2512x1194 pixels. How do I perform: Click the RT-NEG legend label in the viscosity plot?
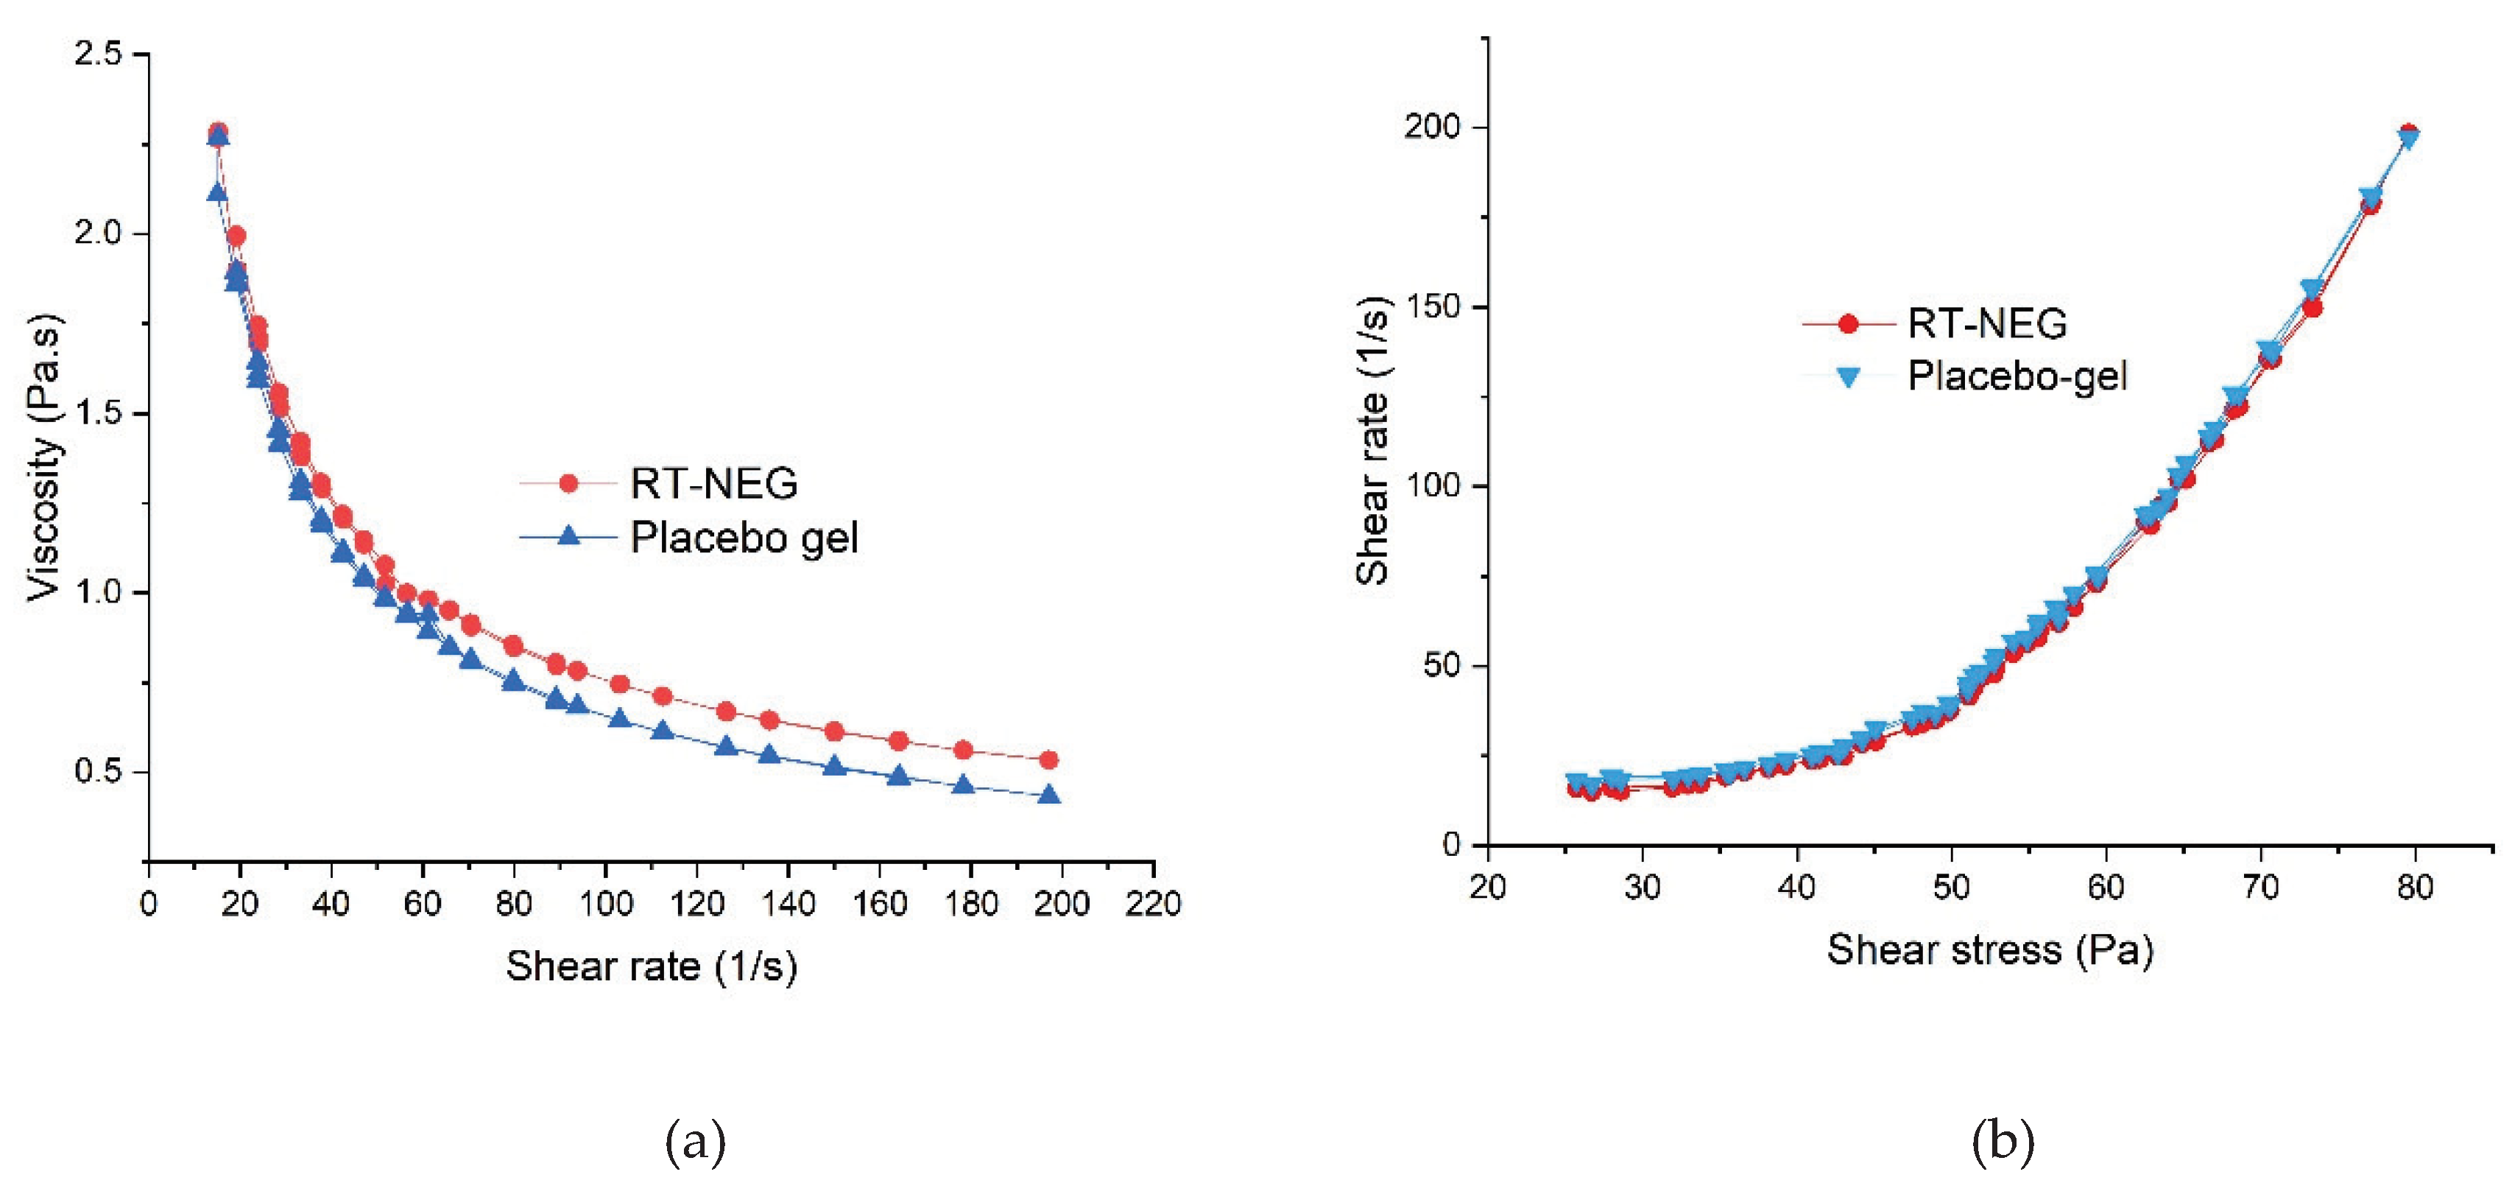(x=714, y=484)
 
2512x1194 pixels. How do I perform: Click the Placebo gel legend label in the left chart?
(x=744, y=538)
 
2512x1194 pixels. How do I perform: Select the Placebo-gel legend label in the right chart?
(x=2017, y=376)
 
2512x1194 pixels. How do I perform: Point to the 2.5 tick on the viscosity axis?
(x=99, y=54)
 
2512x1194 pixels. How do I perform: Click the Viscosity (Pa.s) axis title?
(x=45, y=457)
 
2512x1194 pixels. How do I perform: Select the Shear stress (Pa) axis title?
(x=1989, y=950)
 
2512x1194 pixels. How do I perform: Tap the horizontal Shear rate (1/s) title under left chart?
(x=652, y=966)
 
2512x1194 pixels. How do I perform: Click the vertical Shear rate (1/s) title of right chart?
(x=1372, y=439)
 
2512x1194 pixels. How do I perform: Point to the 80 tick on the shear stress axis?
(x=2415, y=888)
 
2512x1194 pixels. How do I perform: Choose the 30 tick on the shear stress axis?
(x=1643, y=888)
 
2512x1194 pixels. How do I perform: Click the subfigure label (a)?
(x=695, y=1140)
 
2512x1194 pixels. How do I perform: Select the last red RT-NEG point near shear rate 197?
(x=1048, y=760)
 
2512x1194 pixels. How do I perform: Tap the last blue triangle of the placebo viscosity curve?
(x=1049, y=795)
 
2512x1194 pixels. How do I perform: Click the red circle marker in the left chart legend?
(x=568, y=484)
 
